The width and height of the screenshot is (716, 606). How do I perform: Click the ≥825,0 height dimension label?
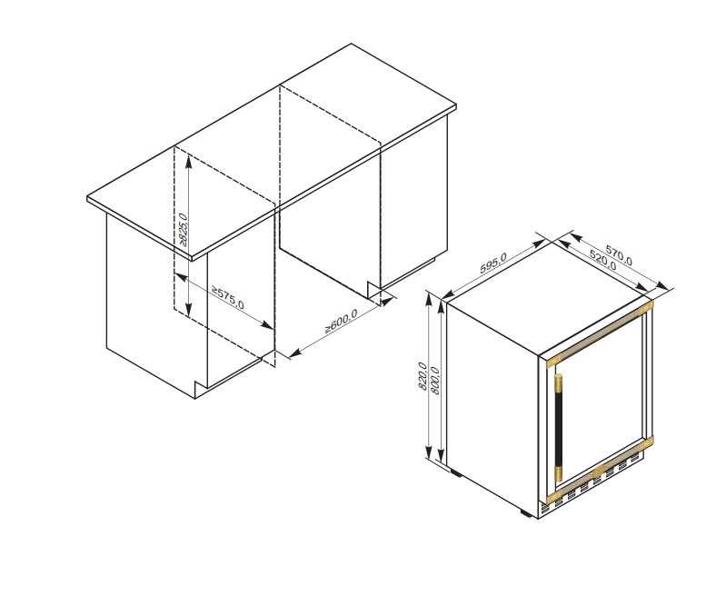[183, 230]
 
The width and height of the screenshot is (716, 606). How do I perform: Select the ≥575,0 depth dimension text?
[228, 297]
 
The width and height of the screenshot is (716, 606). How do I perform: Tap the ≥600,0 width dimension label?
[341, 320]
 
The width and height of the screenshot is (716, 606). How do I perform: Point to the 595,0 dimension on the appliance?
[493, 263]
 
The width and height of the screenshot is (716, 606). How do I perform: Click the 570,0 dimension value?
[619, 255]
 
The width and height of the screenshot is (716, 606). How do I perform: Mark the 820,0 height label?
[422, 376]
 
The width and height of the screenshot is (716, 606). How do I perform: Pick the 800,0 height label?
[435, 381]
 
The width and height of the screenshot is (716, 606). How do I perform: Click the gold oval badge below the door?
[598, 473]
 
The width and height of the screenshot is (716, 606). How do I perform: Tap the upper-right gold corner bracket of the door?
[648, 306]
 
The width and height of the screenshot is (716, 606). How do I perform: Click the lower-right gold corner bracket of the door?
[648, 442]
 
